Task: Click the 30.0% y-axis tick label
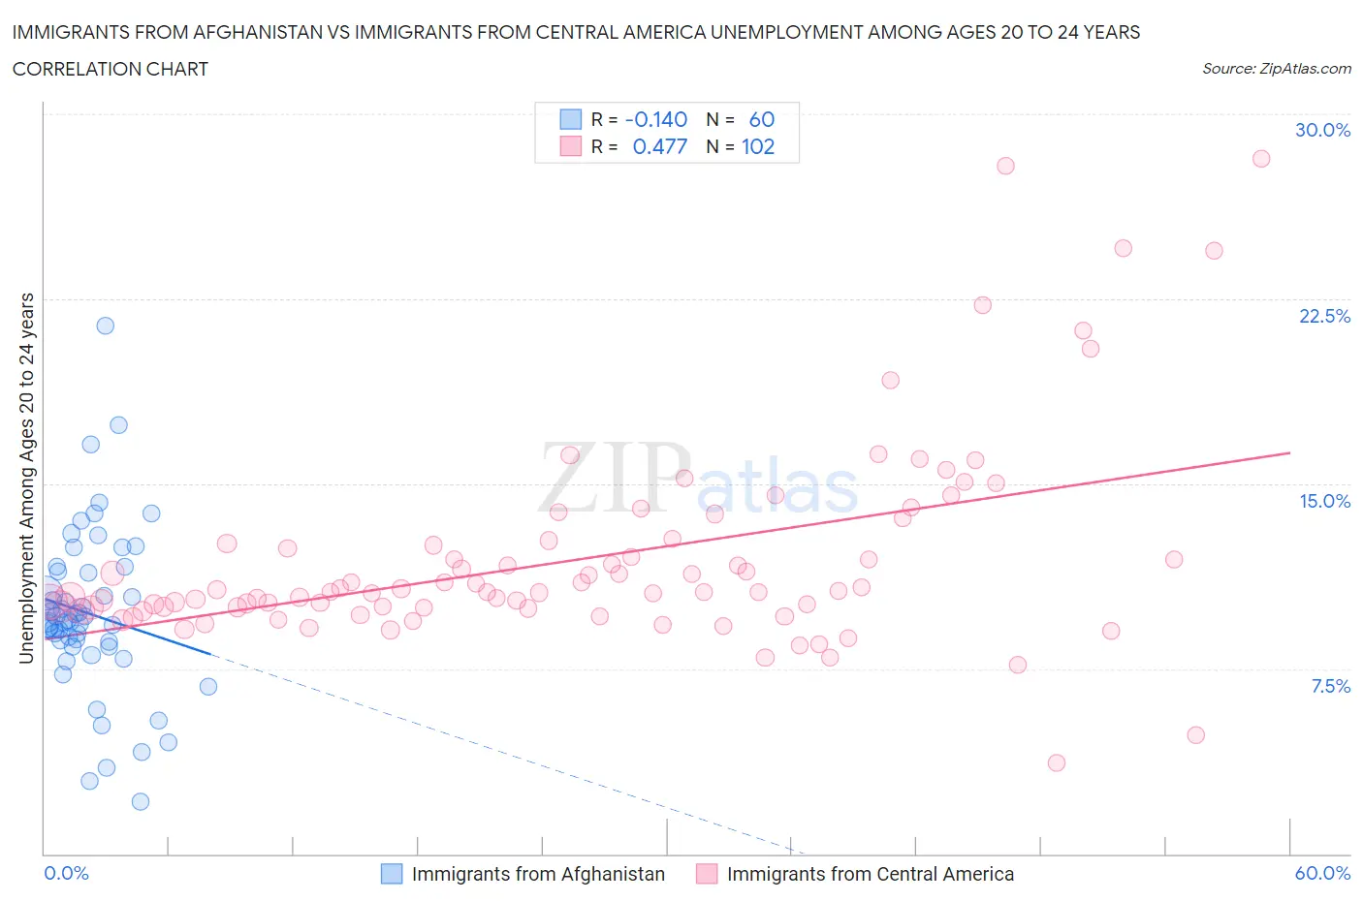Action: point(1322,130)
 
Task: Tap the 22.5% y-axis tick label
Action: point(1324,316)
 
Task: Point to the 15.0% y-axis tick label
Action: point(1324,501)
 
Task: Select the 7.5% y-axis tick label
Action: point(1330,686)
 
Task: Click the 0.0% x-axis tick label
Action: point(66,873)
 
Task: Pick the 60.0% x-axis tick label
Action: point(1322,873)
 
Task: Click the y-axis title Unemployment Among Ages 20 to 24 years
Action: point(26,479)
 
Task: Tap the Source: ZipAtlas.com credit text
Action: point(1276,69)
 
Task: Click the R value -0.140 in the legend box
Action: point(656,119)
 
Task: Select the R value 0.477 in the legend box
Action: point(659,146)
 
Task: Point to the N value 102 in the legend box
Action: point(758,146)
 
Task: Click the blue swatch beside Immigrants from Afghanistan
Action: point(392,874)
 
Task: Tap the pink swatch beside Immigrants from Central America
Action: point(707,874)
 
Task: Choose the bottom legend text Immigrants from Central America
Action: point(870,874)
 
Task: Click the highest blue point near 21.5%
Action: point(106,326)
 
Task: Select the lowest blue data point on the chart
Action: point(141,801)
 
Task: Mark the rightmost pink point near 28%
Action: point(1261,159)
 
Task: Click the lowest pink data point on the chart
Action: point(1057,762)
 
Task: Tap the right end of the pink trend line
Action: point(1290,452)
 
